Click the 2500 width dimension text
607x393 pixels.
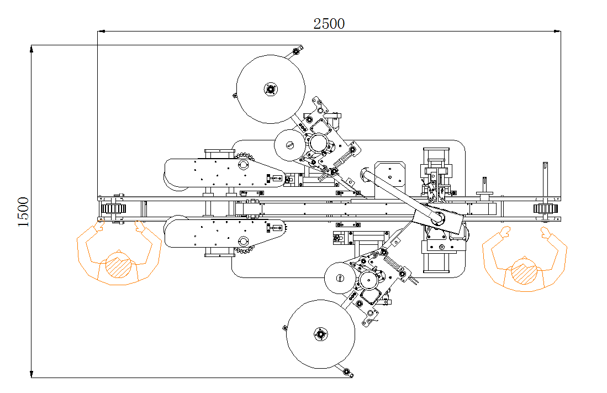pos(329,24)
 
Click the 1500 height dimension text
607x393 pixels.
pos(23,212)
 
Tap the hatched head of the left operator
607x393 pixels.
pos(118,265)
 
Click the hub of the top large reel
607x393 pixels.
pos(270,89)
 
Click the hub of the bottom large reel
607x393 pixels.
pos(320,334)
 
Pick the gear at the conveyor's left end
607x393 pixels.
pos(114,209)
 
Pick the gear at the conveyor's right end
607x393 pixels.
pos(544,209)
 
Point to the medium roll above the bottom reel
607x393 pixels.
pos(340,277)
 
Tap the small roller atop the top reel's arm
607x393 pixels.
pos(296,51)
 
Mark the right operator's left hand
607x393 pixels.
pos(504,232)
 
